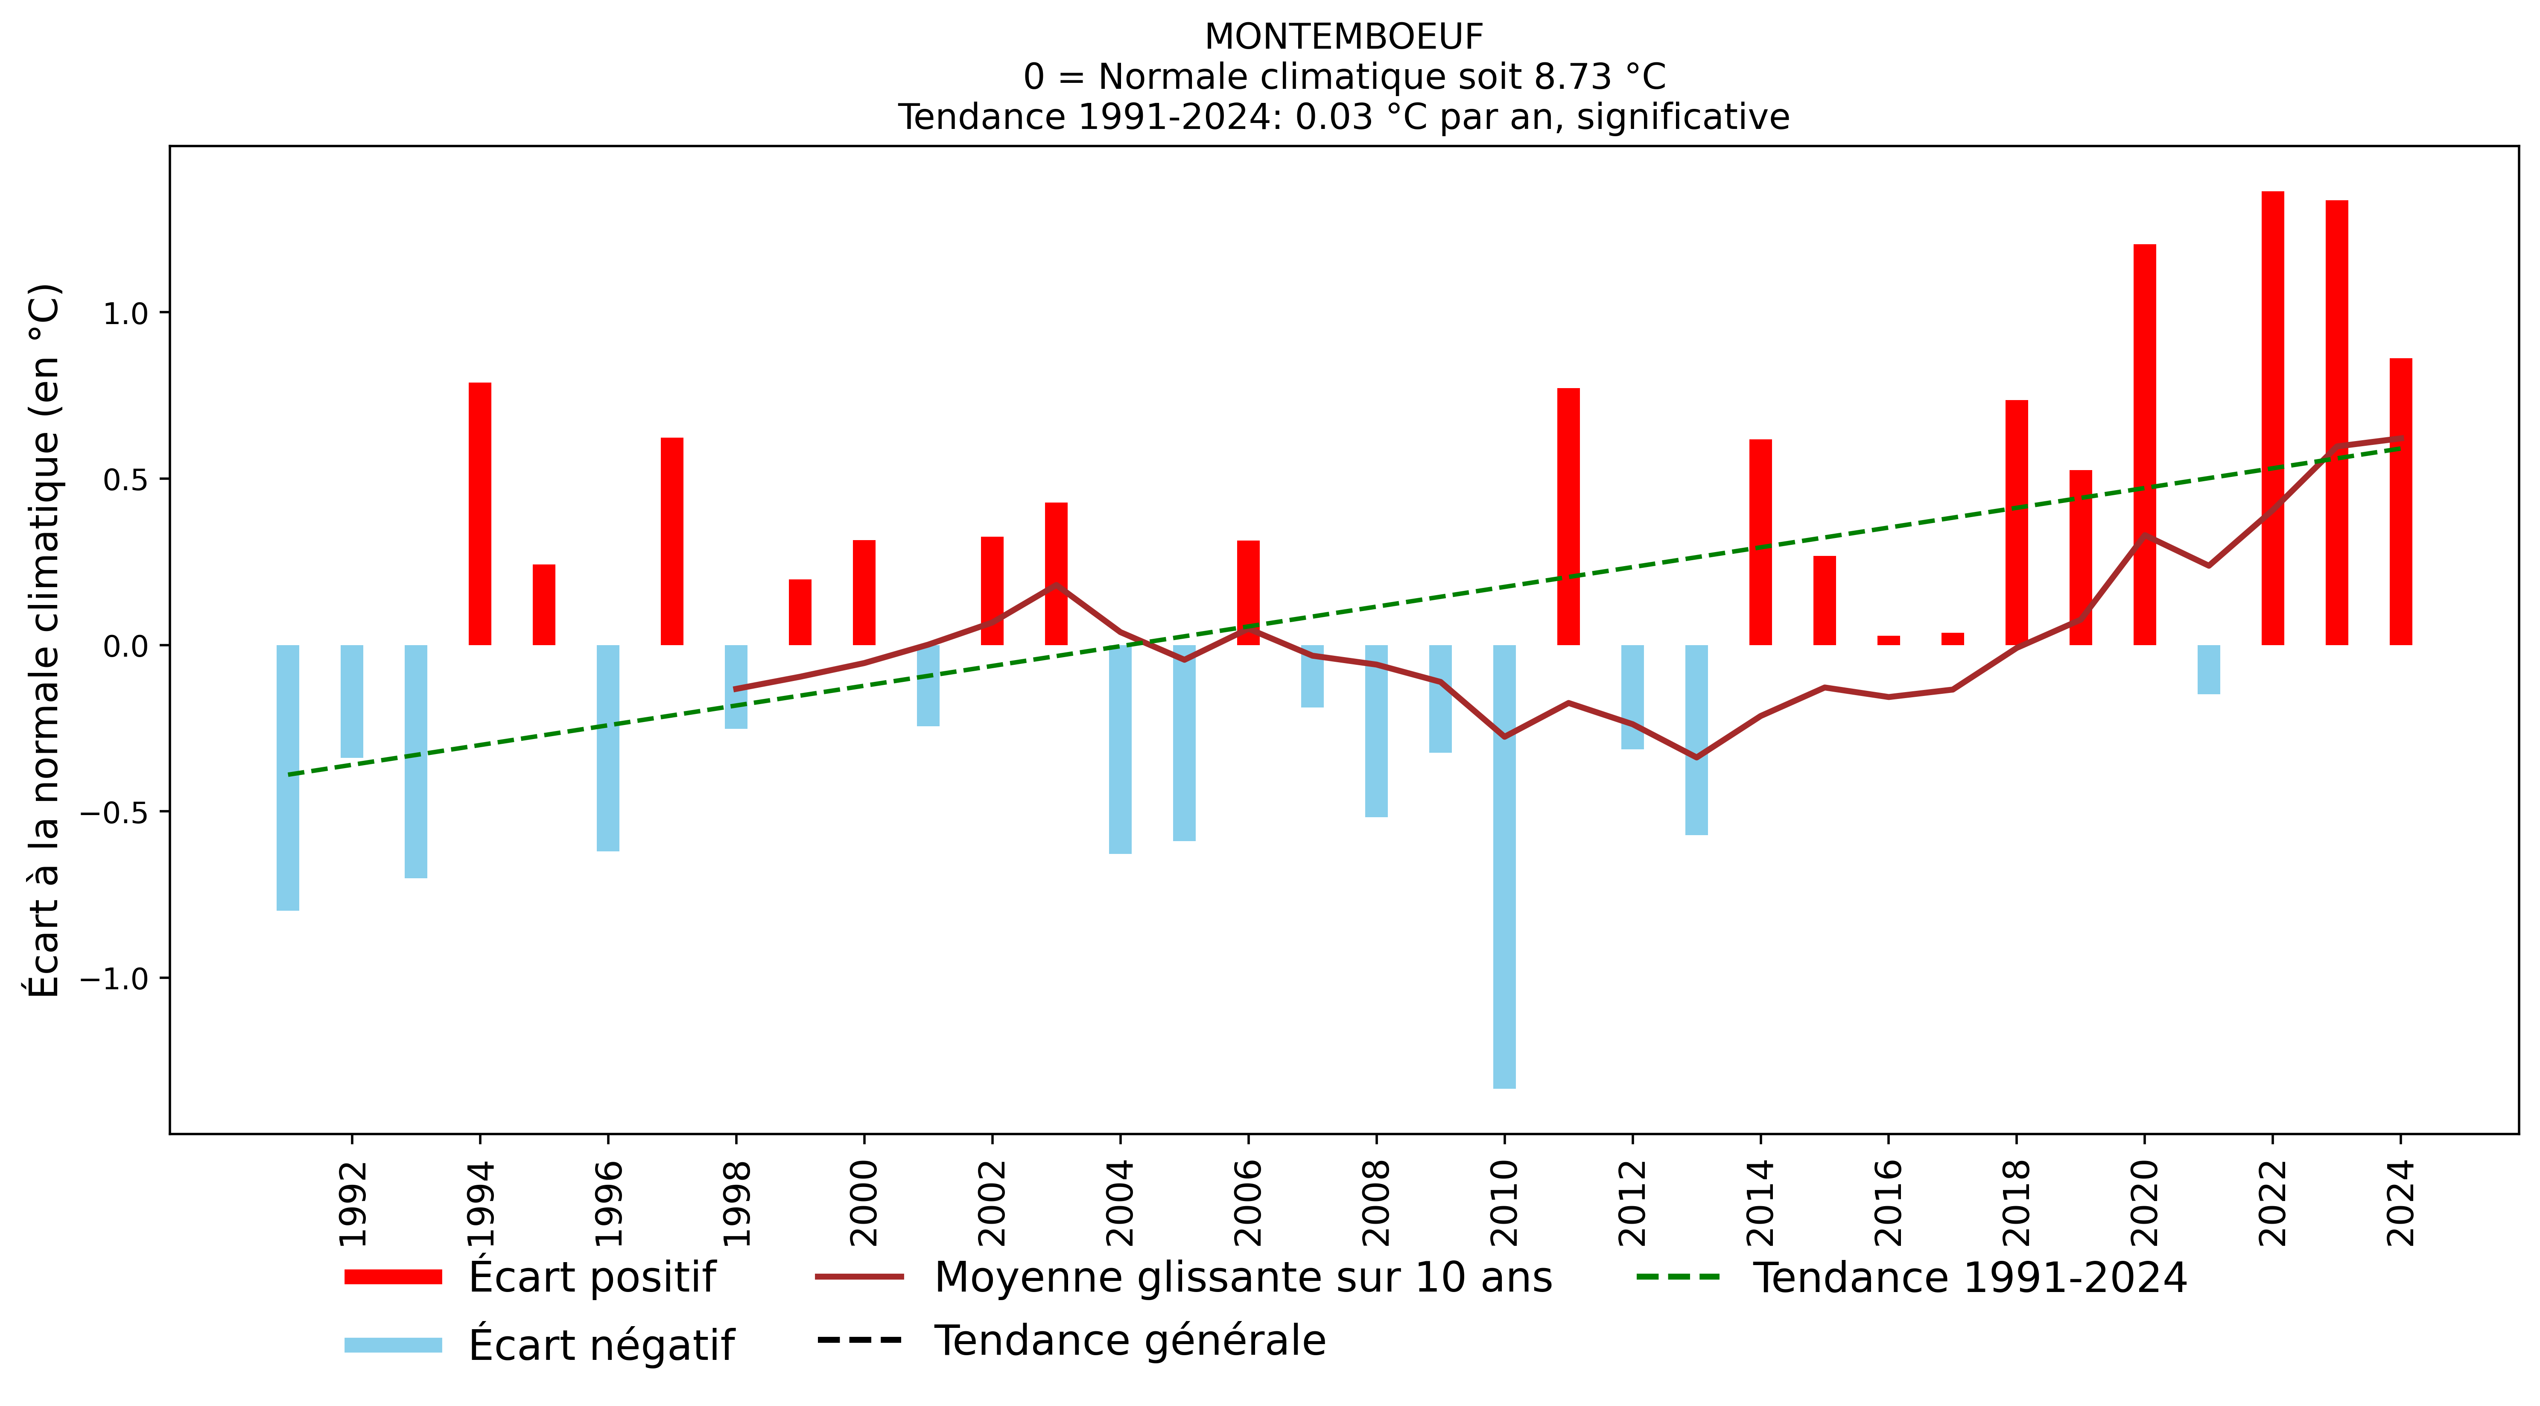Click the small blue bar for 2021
coord(2209,669)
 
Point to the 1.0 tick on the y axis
coord(125,313)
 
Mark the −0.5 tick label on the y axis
coord(114,813)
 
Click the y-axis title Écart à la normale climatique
coord(44,641)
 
